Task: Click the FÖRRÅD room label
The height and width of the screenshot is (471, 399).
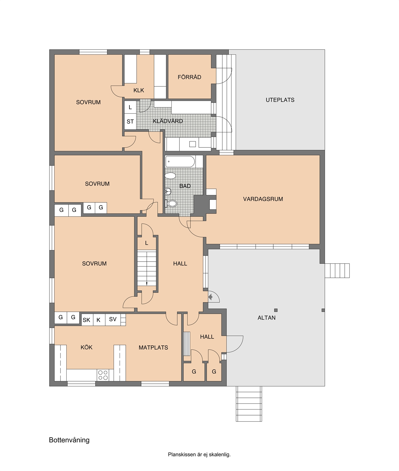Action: click(x=189, y=77)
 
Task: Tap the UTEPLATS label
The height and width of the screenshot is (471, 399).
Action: click(x=280, y=100)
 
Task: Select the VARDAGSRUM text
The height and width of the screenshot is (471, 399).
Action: click(x=263, y=199)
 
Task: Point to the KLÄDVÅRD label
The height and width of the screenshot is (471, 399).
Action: click(x=168, y=121)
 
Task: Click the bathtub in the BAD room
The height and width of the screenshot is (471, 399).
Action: click(x=180, y=162)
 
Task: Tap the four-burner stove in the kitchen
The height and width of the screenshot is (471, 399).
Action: click(x=102, y=375)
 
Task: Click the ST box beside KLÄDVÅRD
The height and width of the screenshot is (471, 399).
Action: click(x=130, y=122)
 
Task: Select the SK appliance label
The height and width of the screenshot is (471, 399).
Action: click(x=87, y=320)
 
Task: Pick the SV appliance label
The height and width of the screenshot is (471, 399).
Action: click(x=113, y=319)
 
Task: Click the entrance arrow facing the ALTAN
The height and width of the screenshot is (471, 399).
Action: click(x=211, y=297)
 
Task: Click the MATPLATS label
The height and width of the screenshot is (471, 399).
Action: click(x=153, y=348)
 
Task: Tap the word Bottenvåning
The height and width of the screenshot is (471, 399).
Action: click(x=69, y=440)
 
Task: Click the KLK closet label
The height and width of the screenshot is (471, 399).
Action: click(x=139, y=90)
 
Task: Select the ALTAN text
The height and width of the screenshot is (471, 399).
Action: click(x=267, y=318)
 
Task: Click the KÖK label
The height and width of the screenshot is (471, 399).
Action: click(x=87, y=347)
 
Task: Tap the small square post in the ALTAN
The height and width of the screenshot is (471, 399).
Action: click(x=276, y=310)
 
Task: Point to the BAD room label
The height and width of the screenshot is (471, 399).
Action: click(x=185, y=186)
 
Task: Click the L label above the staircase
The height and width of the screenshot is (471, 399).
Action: click(x=146, y=243)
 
